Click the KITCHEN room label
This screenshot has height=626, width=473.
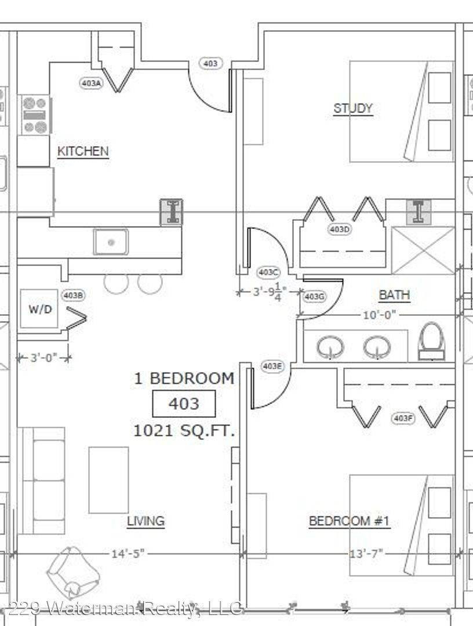click(x=83, y=151)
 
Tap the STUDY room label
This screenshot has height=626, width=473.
click(x=353, y=108)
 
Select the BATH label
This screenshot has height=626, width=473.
click(x=394, y=295)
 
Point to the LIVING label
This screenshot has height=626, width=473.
click(x=145, y=521)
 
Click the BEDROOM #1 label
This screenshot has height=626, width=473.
click(x=350, y=521)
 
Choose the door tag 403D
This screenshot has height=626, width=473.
click(x=340, y=229)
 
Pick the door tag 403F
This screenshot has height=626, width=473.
click(x=402, y=418)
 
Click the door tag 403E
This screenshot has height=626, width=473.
click(x=272, y=366)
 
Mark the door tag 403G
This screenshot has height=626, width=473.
click(x=314, y=297)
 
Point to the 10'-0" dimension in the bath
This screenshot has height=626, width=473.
click(x=379, y=315)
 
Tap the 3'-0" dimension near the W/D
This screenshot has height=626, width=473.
click(x=44, y=357)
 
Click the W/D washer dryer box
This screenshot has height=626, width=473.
click(x=39, y=308)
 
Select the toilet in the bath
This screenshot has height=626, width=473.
click(x=431, y=341)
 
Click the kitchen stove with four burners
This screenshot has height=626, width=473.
click(x=35, y=115)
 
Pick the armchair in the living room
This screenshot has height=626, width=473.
click(x=74, y=573)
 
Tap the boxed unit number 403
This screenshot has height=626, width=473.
click(x=184, y=403)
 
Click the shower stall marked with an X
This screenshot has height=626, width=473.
click(x=423, y=250)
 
